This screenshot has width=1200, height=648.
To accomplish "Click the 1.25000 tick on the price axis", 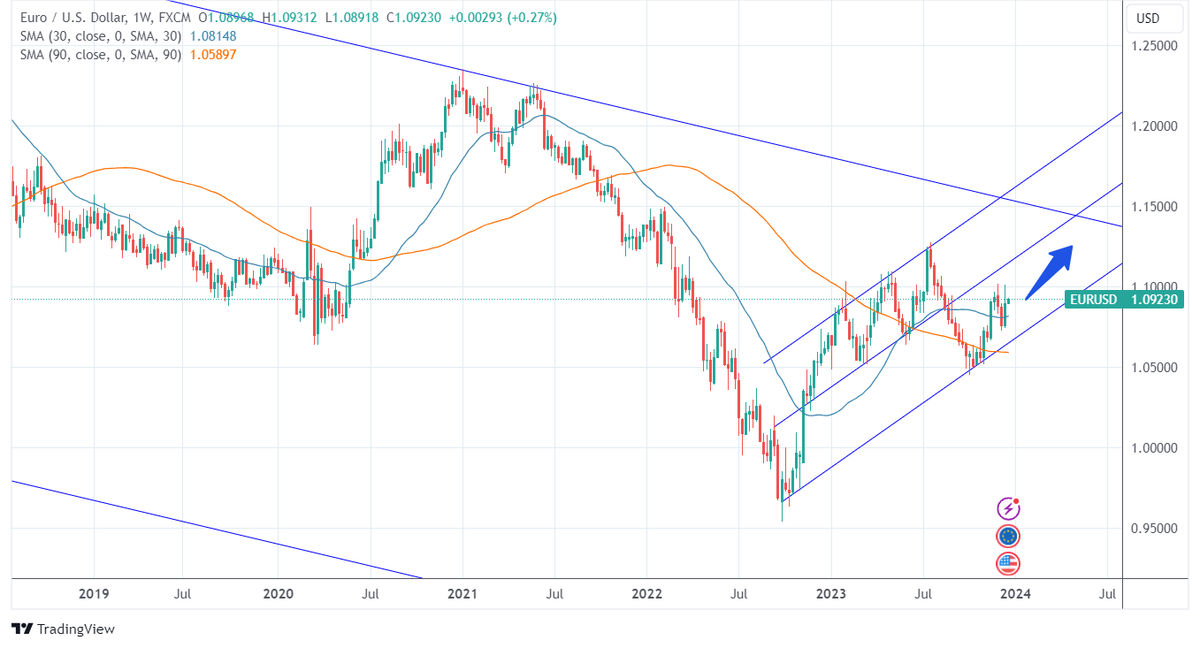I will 1156,46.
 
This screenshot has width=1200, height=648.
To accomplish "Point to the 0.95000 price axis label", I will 1156,529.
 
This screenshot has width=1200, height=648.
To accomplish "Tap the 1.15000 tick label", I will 1156,207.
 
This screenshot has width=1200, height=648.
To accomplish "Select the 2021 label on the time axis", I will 462,593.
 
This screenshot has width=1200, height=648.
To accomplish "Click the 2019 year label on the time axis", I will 94,593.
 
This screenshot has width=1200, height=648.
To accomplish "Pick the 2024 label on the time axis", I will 1015,593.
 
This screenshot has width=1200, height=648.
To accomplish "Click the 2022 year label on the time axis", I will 646,593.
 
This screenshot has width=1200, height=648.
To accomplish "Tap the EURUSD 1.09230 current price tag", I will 1124,300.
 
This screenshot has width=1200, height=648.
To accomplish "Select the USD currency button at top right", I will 1148,19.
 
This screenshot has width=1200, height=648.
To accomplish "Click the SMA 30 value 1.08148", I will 213,36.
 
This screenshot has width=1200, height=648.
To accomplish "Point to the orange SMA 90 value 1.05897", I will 213,55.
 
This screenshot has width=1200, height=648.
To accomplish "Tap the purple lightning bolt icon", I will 1008,508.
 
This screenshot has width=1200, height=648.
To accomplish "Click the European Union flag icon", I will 1008,536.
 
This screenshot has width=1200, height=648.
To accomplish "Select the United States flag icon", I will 1008,563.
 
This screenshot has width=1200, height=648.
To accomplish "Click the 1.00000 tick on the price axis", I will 1156,448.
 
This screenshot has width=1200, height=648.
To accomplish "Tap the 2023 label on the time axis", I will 831,593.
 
